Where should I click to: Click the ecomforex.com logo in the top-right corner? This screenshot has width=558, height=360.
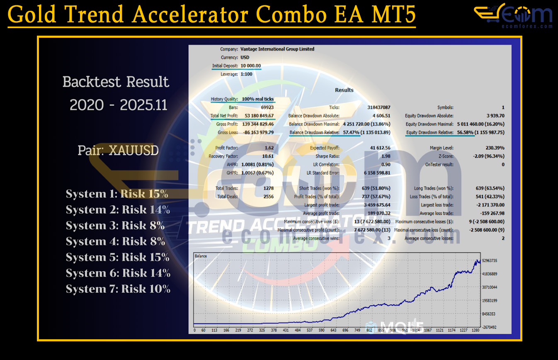click(513, 16)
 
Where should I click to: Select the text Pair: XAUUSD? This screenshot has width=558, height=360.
click(118, 150)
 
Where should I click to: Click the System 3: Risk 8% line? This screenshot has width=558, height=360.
click(115, 226)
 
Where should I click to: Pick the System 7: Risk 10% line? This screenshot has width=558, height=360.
click(118, 289)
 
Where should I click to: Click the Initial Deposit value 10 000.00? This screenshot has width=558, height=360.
click(251, 66)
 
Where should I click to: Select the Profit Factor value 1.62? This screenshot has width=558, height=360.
click(269, 148)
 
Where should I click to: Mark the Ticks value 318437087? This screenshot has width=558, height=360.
click(378, 107)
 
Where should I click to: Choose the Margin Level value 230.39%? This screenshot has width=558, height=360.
click(495, 148)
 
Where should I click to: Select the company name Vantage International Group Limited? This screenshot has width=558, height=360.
click(277, 49)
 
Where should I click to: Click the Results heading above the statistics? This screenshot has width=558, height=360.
click(344, 90)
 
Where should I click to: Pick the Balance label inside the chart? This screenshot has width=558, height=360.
click(201, 256)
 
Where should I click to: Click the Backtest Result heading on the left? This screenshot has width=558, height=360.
click(116, 82)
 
